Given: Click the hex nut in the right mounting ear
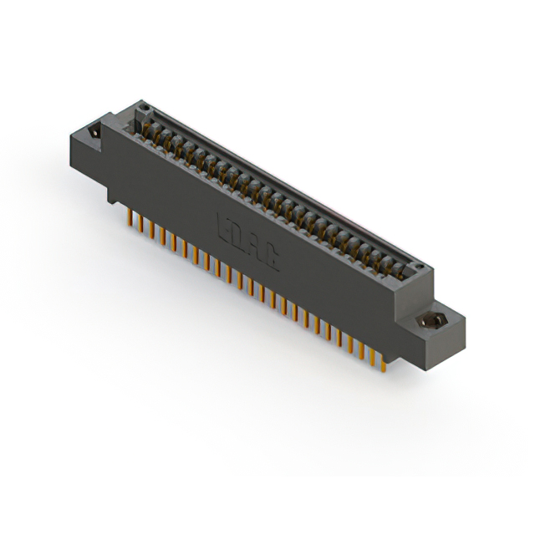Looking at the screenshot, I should click(434, 319).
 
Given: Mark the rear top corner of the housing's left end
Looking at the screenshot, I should click(134, 101).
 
